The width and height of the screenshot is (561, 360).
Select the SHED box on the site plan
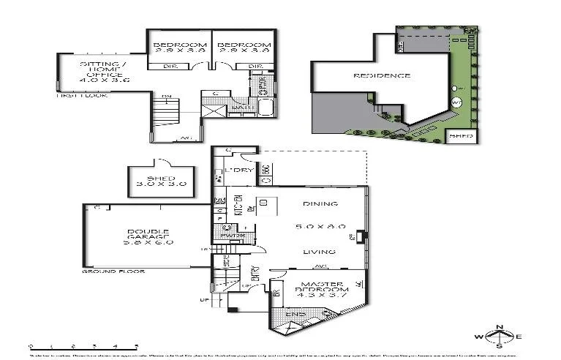pos(461,136)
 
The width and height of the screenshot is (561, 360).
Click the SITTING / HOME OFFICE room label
pos(104,72)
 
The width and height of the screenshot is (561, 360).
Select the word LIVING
pos(319,252)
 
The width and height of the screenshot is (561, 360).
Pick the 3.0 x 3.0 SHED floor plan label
pos(160,181)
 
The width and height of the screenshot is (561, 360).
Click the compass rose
pos(499,337)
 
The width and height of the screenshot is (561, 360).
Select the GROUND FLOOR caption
pos(113,271)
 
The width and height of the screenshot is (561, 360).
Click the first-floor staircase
pos(165,118)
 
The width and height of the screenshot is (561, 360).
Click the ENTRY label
pos(255,272)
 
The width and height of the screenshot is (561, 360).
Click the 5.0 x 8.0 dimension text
pos(319,228)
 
